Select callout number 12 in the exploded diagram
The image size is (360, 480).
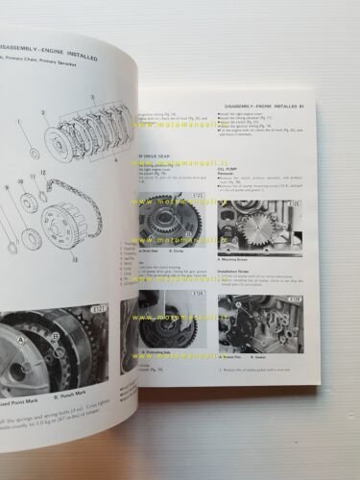coord(43,171)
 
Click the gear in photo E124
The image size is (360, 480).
coord(173,326)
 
